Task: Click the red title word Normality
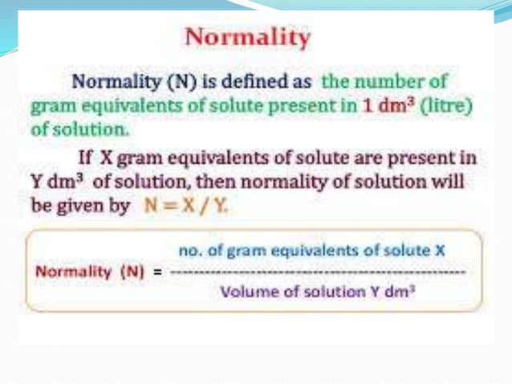(247, 38)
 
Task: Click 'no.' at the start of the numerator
(187, 251)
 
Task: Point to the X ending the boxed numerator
(439, 251)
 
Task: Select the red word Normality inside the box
(73, 272)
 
